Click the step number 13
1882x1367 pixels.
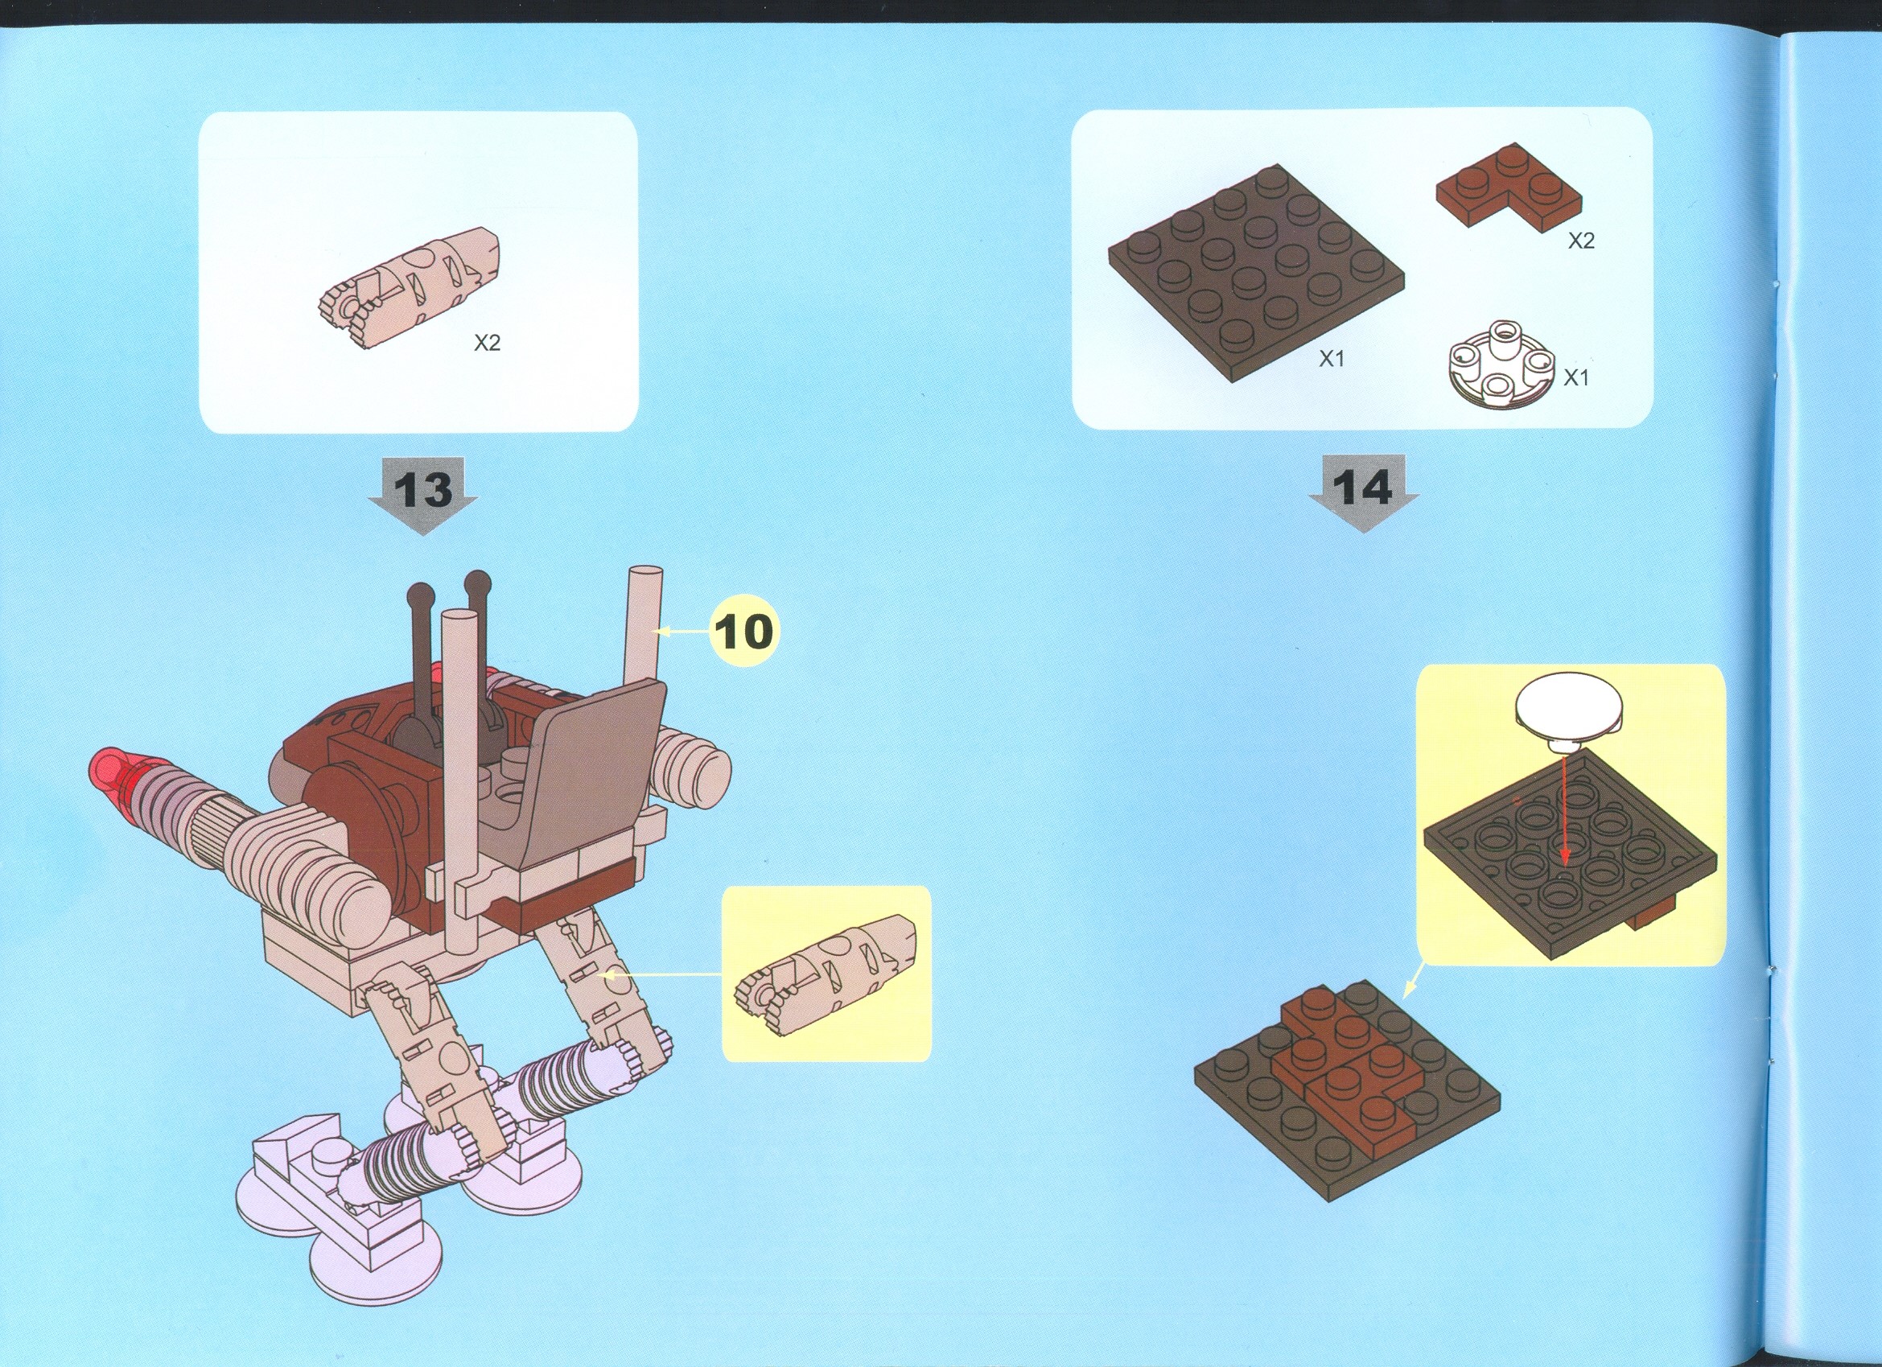coord(422,489)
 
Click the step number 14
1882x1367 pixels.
coord(1363,488)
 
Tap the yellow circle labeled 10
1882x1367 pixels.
coord(743,632)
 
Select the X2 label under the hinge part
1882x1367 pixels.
coord(487,343)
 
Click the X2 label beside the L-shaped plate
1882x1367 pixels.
coord(1581,241)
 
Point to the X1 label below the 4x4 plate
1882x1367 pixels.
coord(1331,359)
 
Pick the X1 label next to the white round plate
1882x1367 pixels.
coord(1575,377)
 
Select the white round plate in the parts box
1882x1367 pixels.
coord(1502,364)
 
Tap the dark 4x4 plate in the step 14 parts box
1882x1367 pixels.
coord(1256,274)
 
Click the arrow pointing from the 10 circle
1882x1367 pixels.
coord(685,632)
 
